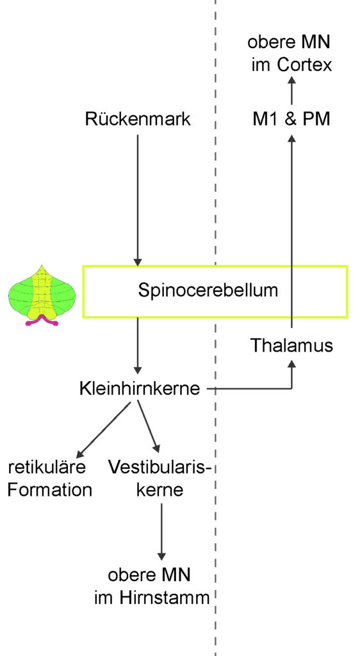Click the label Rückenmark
tap(138, 119)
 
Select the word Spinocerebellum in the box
tap(208, 290)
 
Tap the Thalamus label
tap(292, 345)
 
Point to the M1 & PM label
tap(291, 120)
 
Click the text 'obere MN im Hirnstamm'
tap(152, 586)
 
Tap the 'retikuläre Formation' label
tap(50, 478)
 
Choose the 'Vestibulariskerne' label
tap(159, 478)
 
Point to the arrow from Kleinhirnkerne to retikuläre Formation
tap(104, 429)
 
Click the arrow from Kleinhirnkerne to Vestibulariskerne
tap(149, 427)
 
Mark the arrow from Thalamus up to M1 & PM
tap(292, 231)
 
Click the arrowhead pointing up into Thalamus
tap(292, 364)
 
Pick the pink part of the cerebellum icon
tap(42, 320)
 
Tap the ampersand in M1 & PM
tap(291, 120)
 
